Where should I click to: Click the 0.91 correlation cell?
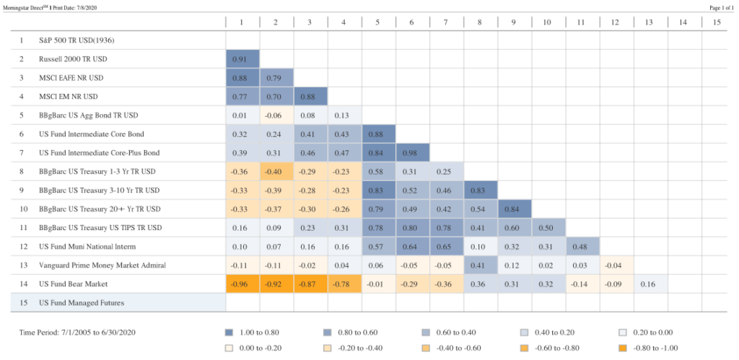[242, 58]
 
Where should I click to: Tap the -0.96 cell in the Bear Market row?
[242, 284]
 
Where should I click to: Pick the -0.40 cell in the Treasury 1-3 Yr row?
[276, 171]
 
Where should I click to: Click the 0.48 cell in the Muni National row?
[581, 246]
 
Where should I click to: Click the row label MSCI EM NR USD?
[69, 96]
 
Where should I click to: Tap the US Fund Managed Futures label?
[82, 302]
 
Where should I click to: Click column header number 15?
[717, 22]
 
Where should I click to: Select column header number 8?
[479, 22]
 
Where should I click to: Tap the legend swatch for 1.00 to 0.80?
[229, 333]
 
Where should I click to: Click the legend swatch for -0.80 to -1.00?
[623, 347]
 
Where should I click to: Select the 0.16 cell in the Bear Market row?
[649, 284]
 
